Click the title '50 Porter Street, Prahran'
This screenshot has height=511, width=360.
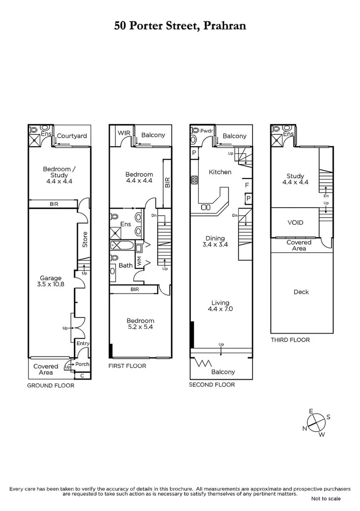tap(180, 26)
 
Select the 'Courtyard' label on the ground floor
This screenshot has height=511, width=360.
tap(72, 136)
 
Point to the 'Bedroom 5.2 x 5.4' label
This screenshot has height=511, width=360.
tap(140, 324)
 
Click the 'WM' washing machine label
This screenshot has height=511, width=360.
tap(139, 261)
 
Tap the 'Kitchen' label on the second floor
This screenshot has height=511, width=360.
tap(220, 172)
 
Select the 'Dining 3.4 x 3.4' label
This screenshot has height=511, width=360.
tap(214, 242)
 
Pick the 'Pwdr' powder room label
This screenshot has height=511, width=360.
tap(206, 131)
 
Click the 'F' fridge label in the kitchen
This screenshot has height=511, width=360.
tap(246, 185)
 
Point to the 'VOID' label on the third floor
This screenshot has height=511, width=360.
tap(295, 222)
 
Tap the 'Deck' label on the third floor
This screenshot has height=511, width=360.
tap(301, 292)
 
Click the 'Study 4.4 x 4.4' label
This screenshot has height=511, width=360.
tap(295, 179)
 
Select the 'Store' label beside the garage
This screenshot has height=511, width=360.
tap(85, 239)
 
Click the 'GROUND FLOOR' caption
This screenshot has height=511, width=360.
tap(51, 385)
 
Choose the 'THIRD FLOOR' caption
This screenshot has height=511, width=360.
tap(290, 340)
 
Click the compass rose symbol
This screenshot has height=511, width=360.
tap(316, 423)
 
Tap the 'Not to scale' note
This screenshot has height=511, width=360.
tap(325, 498)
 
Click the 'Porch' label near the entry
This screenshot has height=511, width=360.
tap(82, 364)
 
